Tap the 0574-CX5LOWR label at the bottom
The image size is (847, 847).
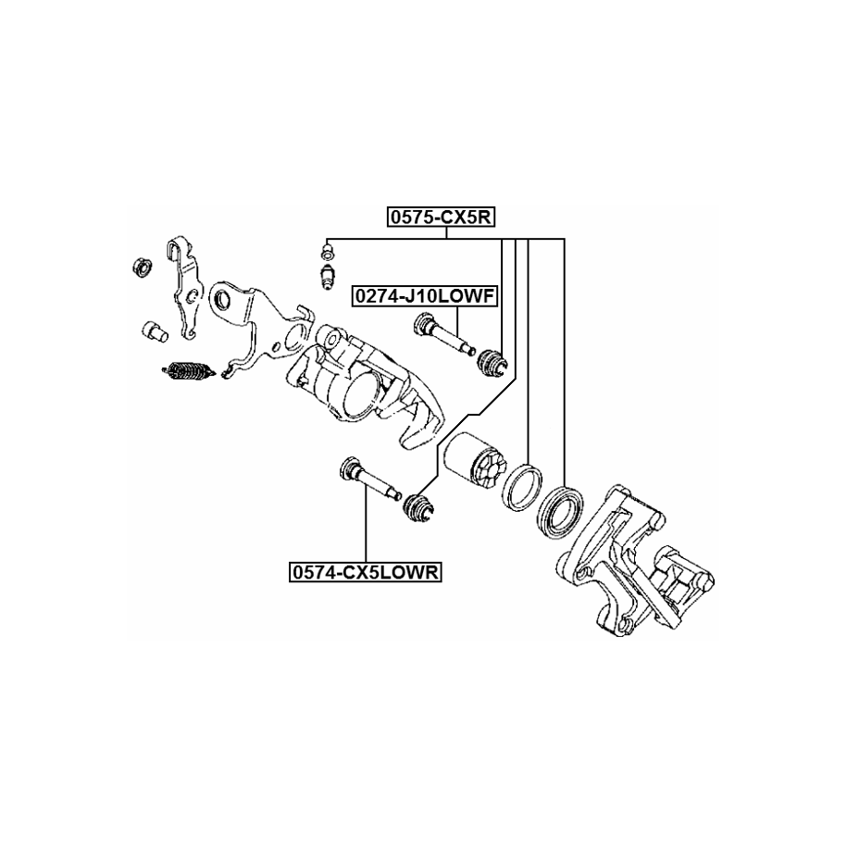pos(365,573)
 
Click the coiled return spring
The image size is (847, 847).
pos(189,372)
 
